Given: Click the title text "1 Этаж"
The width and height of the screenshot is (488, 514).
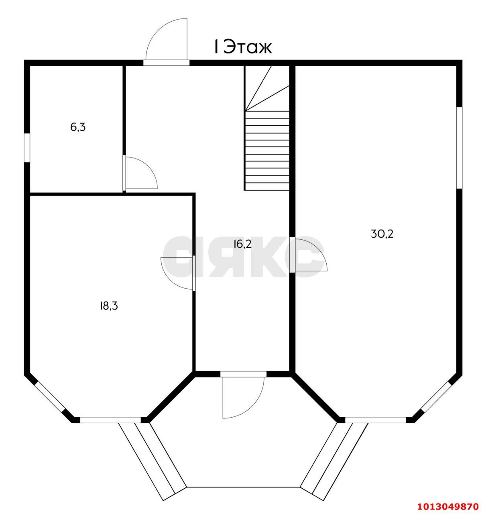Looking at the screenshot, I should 242,47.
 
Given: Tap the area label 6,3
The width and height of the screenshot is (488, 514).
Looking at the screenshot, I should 78,127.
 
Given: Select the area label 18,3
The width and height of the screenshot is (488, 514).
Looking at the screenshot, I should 108,306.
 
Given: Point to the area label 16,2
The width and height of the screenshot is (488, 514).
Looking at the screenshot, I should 242,244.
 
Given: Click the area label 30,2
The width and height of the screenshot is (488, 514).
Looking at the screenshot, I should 382,234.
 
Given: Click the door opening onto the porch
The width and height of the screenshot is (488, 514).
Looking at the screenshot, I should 243,396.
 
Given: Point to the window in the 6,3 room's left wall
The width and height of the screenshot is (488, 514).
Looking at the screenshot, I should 27,147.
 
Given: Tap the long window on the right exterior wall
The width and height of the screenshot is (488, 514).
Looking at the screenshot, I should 459,147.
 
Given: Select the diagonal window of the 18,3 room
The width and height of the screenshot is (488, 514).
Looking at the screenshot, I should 49,397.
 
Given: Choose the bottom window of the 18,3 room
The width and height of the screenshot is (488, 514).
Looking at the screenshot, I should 110,420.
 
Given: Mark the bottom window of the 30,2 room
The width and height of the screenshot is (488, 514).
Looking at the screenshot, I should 376,420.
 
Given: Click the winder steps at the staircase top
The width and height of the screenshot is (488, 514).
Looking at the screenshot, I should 267,88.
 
